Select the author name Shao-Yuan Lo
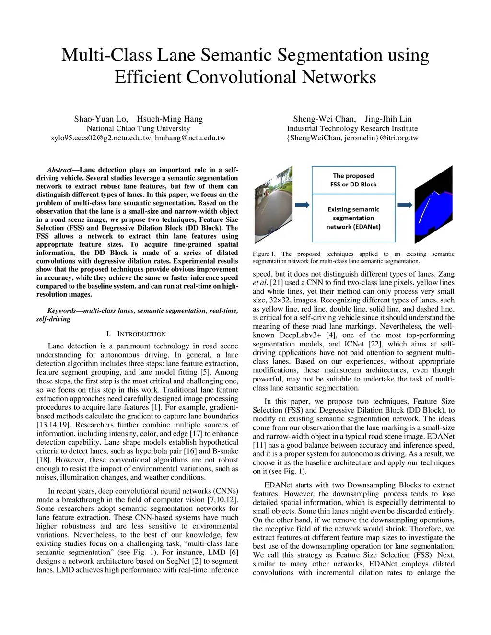coord(101,119)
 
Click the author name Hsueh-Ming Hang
coord(170,119)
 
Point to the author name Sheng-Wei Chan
coord(324,119)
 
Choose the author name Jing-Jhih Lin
coord(388,119)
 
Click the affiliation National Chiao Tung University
coord(138,128)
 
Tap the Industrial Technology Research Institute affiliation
coord(352,128)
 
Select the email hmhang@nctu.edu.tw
coord(190,138)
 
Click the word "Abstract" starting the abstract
coord(59,170)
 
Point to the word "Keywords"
coord(61,311)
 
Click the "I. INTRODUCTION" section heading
coord(136,334)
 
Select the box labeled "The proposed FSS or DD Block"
coord(353,180)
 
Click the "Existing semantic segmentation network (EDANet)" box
coord(353,218)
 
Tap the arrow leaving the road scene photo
coord(302,205)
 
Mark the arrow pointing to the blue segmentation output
coord(405,205)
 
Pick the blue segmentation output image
coord(433,204)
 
